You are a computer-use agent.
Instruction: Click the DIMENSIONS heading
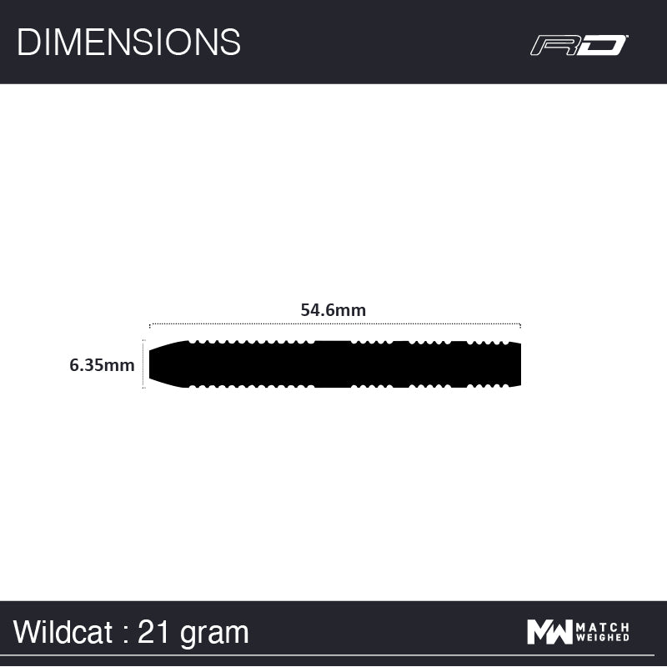coord(128,43)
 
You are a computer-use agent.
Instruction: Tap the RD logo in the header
coord(579,45)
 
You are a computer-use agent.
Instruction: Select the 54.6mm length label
coord(333,310)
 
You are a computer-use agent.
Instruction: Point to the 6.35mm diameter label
coord(102,365)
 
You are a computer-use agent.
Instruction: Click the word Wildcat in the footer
coord(63,632)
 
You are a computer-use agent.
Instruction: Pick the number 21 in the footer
coord(153,632)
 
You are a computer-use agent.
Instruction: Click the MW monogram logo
coord(549,632)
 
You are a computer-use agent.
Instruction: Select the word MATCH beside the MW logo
coord(602,627)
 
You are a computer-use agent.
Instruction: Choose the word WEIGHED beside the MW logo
coord(602,637)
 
